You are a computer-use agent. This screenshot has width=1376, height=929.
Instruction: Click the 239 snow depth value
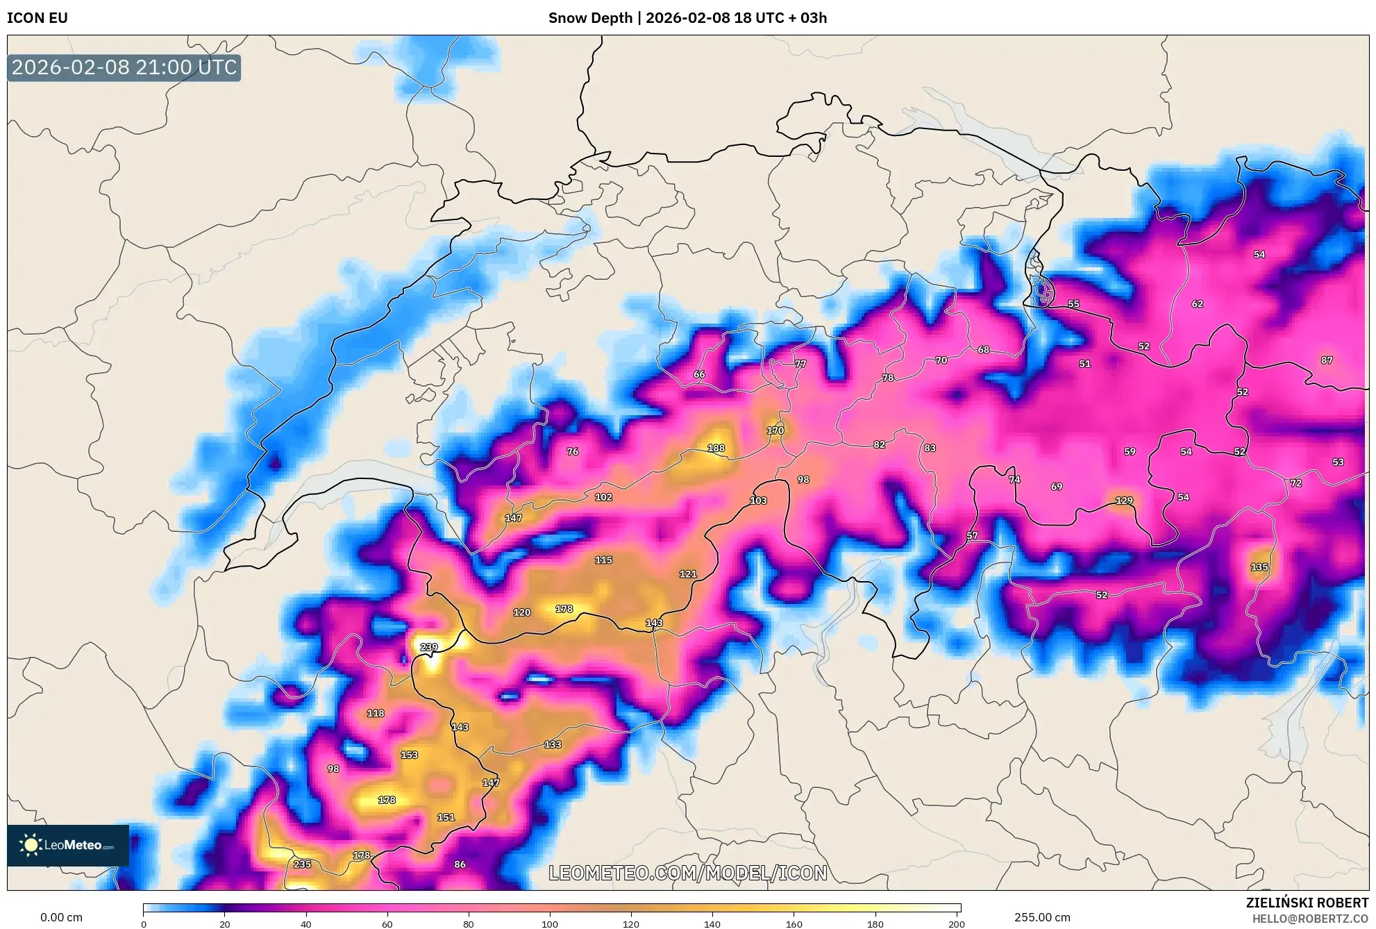tap(429, 647)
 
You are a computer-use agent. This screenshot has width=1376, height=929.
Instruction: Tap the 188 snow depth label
tap(716, 449)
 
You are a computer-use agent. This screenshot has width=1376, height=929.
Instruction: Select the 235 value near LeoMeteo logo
tap(302, 864)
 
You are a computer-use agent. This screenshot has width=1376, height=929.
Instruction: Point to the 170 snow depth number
tap(775, 430)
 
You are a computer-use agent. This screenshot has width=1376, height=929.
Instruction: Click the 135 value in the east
tap(1259, 567)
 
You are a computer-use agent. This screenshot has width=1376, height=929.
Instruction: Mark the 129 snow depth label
tap(1123, 501)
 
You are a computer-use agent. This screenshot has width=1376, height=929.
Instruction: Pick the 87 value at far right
tap(1326, 360)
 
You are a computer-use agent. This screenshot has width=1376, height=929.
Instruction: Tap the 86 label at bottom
tap(460, 864)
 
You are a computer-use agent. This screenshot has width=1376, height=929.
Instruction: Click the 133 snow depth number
tap(553, 744)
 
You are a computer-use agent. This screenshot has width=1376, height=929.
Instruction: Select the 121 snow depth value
tap(687, 574)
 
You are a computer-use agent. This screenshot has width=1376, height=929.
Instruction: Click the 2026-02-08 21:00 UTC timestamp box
tap(124, 67)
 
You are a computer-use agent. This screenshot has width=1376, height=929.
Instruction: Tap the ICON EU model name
tap(37, 18)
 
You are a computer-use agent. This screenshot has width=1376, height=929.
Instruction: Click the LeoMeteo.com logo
tap(68, 845)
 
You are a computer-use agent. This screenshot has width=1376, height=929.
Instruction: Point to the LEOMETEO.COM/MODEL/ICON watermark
tap(687, 873)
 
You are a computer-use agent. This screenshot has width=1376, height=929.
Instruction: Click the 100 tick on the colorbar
tap(550, 923)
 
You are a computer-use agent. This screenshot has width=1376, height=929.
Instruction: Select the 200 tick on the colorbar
tap(956, 923)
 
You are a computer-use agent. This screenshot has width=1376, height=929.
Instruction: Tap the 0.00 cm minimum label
tap(61, 917)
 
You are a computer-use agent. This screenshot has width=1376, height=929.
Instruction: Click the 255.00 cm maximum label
tap(1041, 917)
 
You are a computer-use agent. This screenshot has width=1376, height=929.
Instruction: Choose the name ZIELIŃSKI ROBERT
tap(1307, 903)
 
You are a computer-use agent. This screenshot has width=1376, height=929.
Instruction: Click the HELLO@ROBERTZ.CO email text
tap(1310, 919)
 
